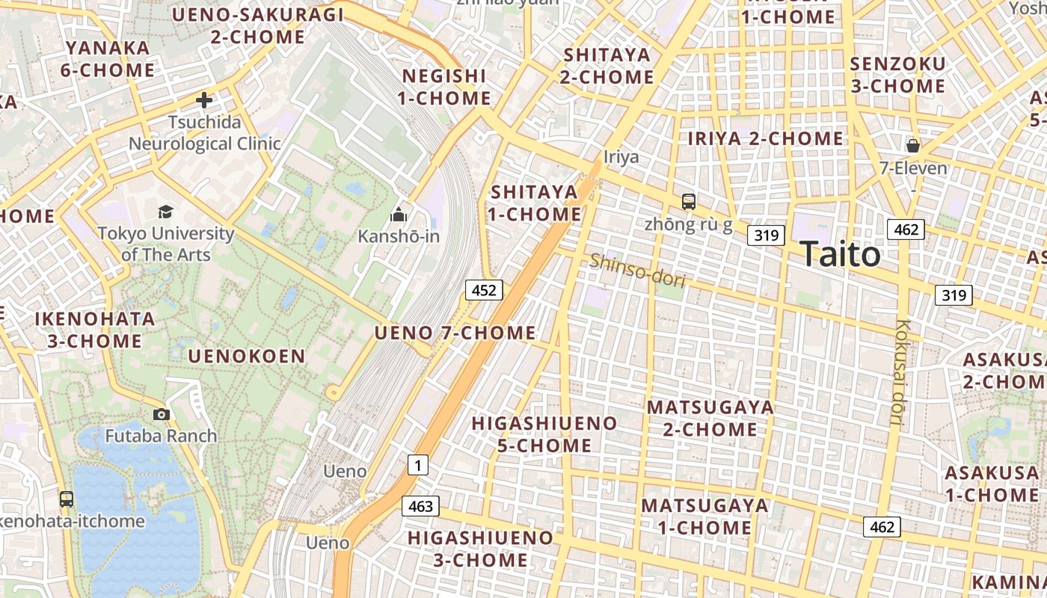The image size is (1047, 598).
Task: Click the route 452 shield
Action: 484,290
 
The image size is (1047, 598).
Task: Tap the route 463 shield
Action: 420,506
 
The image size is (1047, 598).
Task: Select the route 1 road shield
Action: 418,466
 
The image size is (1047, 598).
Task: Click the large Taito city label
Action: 840,254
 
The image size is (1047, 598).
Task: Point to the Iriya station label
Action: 621,157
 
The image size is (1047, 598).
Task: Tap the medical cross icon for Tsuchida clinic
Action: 203,100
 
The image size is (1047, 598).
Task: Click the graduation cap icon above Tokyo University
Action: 165,212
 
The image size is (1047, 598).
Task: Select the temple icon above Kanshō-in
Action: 399,215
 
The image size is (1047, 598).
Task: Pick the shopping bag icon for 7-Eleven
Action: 912,146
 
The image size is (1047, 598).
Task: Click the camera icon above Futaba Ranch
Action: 161,414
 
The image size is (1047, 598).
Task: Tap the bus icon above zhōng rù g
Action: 688,201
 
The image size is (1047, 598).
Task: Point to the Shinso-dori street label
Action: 637,269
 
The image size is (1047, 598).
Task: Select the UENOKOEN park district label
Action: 247,356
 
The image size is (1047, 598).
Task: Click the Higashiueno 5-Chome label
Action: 544,434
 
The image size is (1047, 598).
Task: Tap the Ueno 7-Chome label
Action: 455,333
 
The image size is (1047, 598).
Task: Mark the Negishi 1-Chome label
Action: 444,87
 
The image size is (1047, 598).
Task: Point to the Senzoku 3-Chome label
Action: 897,75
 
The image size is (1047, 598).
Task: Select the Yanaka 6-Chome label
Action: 110,59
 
